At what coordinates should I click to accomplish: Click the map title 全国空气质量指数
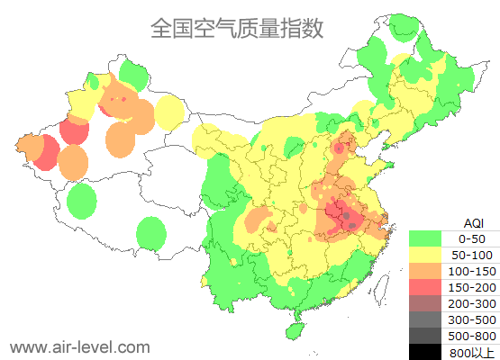click(236, 28)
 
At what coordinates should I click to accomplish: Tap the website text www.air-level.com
click(79, 346)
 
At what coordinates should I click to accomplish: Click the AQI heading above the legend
click(473, 222)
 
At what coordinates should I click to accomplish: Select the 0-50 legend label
click(471, 238)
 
